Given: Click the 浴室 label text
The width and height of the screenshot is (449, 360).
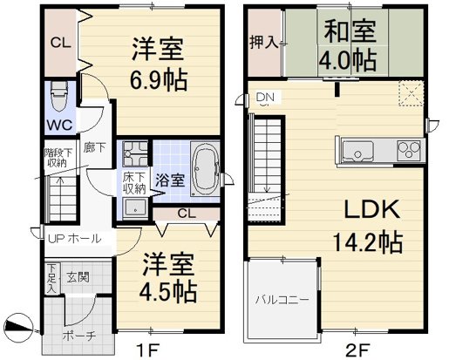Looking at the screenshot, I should pyautogui.click(x=169, y=181).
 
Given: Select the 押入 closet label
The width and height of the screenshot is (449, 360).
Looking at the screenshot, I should pyautogui.click(x=265, y=42).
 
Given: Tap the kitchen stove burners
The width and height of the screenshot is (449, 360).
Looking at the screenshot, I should pyautogui.click(x=409, y=151).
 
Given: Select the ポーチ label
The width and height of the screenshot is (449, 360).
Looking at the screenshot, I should pyautogui.click(x=78, y=335).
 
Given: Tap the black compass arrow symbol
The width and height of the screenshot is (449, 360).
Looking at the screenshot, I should pyautogui.click(x=18, y=328).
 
